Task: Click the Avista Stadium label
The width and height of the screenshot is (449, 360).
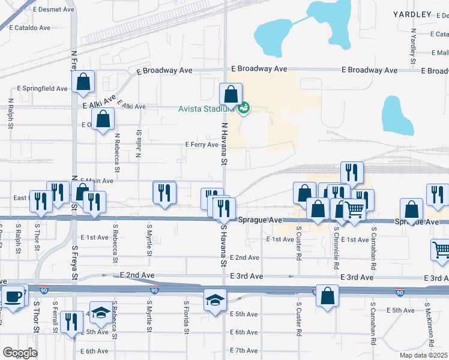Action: click(x=203, y=109)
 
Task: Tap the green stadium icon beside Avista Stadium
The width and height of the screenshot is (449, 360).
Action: click(x=243, y=109)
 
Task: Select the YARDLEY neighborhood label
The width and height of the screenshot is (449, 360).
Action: click(x=412, y=14)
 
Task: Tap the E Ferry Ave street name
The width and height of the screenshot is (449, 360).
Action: click(x=202, y=145)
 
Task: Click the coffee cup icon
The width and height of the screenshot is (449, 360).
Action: click(x=13, y=296)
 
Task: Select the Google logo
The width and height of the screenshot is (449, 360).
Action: click(x=20, y=352)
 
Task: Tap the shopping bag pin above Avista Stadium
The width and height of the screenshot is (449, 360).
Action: click(x=231, y=94)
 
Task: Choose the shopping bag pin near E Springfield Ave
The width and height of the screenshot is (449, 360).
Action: click(x=83, y=82)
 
